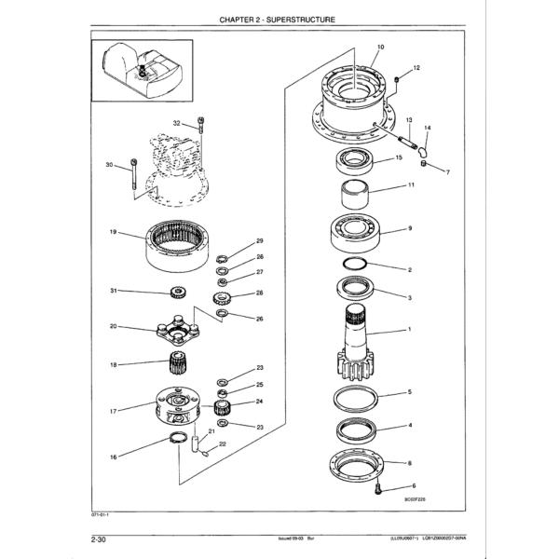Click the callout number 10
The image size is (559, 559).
380,47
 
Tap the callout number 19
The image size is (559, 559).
112,232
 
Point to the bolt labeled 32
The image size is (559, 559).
200,130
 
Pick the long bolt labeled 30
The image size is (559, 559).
135,177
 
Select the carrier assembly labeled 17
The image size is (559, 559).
175,407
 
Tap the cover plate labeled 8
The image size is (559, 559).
358,463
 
